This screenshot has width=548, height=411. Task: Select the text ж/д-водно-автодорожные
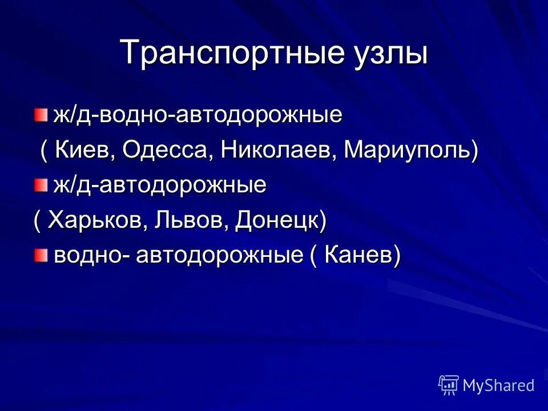(x=198, y=115)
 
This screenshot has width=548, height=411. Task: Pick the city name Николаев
(x=271, y=150)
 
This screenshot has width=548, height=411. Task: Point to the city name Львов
(x=184, y=220)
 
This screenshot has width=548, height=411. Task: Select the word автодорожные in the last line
(x=218, y=256)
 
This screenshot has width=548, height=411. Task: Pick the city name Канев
(x=357, y=256)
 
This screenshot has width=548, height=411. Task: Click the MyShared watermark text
(x=498, y=385)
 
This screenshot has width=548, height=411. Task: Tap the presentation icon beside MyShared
(x=449, y=385)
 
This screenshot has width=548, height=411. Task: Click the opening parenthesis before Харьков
(x=37, y=220)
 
